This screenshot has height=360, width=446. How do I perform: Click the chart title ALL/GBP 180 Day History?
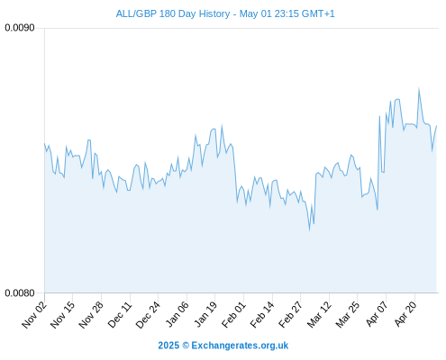[x=173, y=13]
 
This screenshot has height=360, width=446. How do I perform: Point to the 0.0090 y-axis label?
[x=20, y=28]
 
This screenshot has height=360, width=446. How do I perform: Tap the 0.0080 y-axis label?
[x=20, y=292]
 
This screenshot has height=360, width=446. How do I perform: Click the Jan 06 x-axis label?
[x=177, y=314]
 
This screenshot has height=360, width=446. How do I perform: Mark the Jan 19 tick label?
[x=205, y=314]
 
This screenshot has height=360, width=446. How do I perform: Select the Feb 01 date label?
[x=233, y=314]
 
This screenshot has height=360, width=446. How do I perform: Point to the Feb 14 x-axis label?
[x=262, y=314]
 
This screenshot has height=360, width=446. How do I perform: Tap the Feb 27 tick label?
[x=291, y=314]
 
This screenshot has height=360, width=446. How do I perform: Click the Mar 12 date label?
[x=319, y=314]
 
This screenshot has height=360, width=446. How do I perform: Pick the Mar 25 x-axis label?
[x=348, y=314]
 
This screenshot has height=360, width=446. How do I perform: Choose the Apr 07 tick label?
[x=377, y=314]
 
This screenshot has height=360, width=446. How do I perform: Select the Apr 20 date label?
[x=405, y=314]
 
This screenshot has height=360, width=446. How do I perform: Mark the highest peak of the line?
[x=419, y=87]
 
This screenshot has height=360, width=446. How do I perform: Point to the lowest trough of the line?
[x=309, y=230]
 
